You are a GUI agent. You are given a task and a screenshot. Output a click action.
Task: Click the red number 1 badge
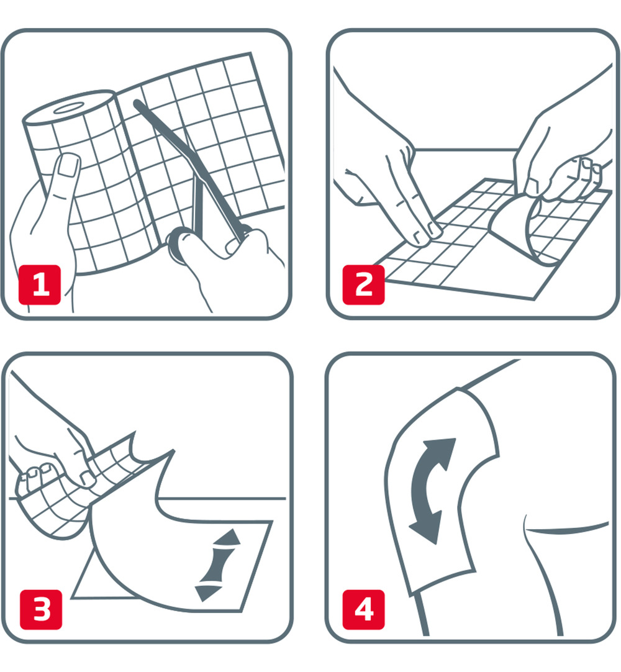tap(40, 285)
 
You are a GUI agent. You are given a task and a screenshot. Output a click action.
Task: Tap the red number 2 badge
tap(363, 285)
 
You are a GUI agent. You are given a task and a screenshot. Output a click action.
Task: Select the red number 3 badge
tap(40, 608)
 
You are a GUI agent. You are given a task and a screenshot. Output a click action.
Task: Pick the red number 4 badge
tap(363, 608)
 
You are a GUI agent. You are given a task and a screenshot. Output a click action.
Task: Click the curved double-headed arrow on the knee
tap(433, 491)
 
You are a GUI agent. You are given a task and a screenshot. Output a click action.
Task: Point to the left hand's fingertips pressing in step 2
tap(428, 230)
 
